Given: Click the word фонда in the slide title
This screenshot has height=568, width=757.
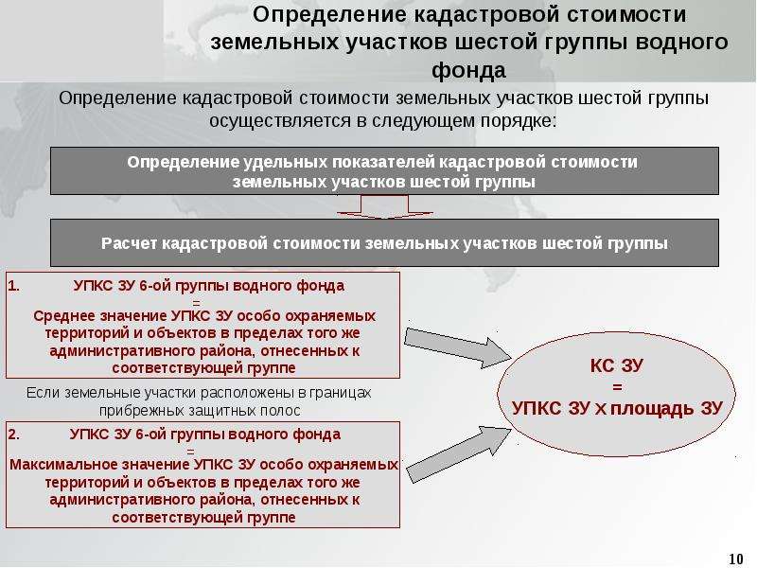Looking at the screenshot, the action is [x=468, y=70].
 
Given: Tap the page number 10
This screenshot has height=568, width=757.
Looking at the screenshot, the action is [x=736, y=559].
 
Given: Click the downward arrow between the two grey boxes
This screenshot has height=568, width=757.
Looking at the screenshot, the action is [x=385, y=206].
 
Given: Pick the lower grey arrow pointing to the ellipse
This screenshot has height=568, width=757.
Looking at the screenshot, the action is [x=459, y=454].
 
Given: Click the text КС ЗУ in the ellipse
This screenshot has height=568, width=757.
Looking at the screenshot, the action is [x=617, y=365].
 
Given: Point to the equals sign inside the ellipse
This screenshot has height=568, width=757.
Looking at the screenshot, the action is [x=617, y=387].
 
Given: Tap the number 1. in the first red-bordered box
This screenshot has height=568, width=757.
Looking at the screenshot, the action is [x=13, y=286].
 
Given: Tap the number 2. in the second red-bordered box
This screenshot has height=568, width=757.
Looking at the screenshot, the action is [x=13, y=435].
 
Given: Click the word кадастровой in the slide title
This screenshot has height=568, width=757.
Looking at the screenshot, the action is [x=486, y=14].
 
